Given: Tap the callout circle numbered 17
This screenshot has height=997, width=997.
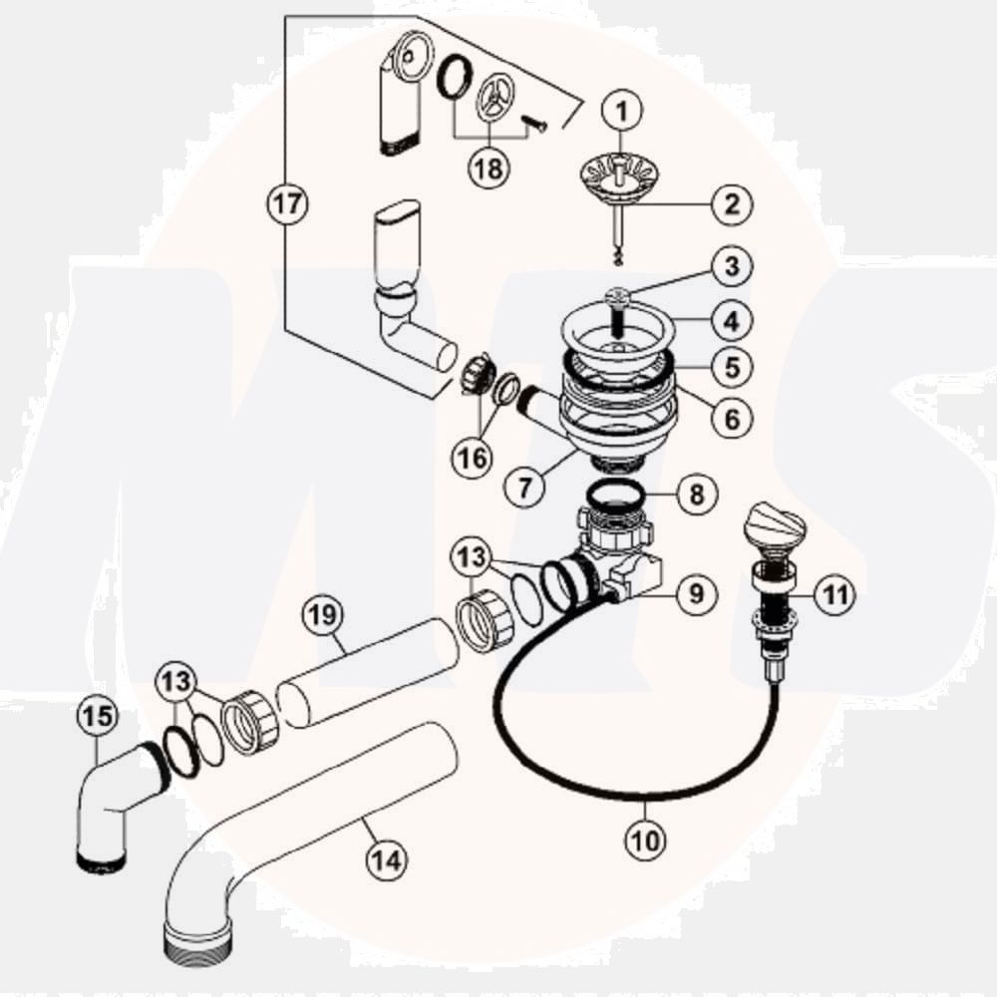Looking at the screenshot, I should [288, 205].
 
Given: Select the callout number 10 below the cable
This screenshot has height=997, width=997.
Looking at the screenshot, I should [646, 840].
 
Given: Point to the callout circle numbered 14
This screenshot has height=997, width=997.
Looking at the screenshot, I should [386, 858].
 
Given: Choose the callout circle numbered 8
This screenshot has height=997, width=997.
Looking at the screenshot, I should [696, 493].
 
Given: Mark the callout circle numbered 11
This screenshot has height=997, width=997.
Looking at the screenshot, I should [834, 595].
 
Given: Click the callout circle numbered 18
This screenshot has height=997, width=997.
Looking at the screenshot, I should [489, 167].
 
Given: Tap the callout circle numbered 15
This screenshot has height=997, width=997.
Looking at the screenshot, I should [98, 716].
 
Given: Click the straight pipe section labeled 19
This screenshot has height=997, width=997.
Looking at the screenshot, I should [367, 670].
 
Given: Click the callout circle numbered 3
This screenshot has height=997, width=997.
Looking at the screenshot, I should [732, 267].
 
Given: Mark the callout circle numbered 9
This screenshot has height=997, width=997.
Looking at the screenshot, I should [696, 595].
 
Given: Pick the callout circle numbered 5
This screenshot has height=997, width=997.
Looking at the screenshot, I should [732, 366].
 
